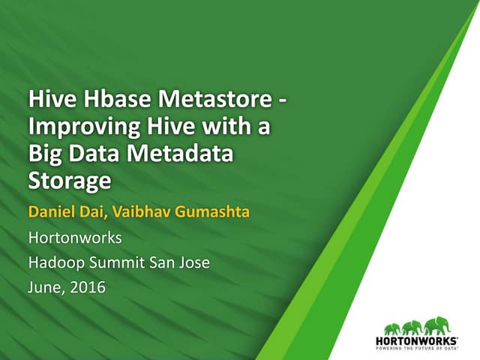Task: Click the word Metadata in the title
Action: coord(179,154)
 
